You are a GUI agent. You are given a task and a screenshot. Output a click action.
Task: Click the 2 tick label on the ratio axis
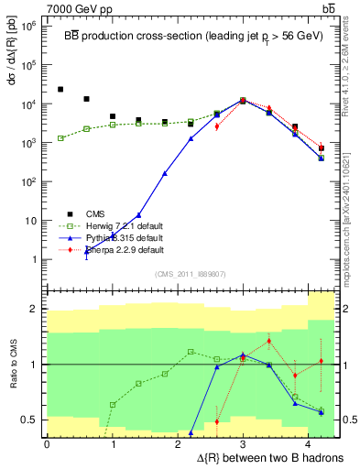[36, 309]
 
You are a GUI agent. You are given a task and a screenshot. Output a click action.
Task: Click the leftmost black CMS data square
[60, 90]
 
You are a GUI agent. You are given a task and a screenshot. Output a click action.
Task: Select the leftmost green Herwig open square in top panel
[60, 138]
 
